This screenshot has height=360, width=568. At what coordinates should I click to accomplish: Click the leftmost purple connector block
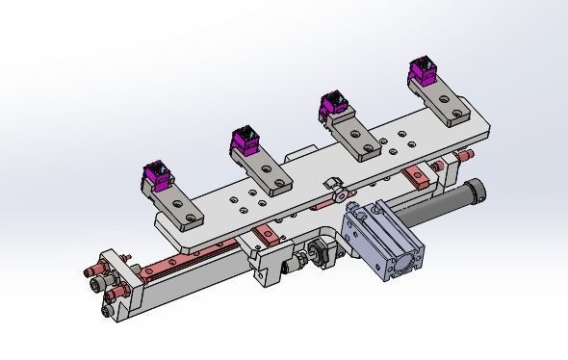[x=158, y=175]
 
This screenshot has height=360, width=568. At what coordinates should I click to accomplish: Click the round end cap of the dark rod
[x=476, y=191]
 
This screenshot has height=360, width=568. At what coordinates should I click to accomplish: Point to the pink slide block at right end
[x=417, y=176]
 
